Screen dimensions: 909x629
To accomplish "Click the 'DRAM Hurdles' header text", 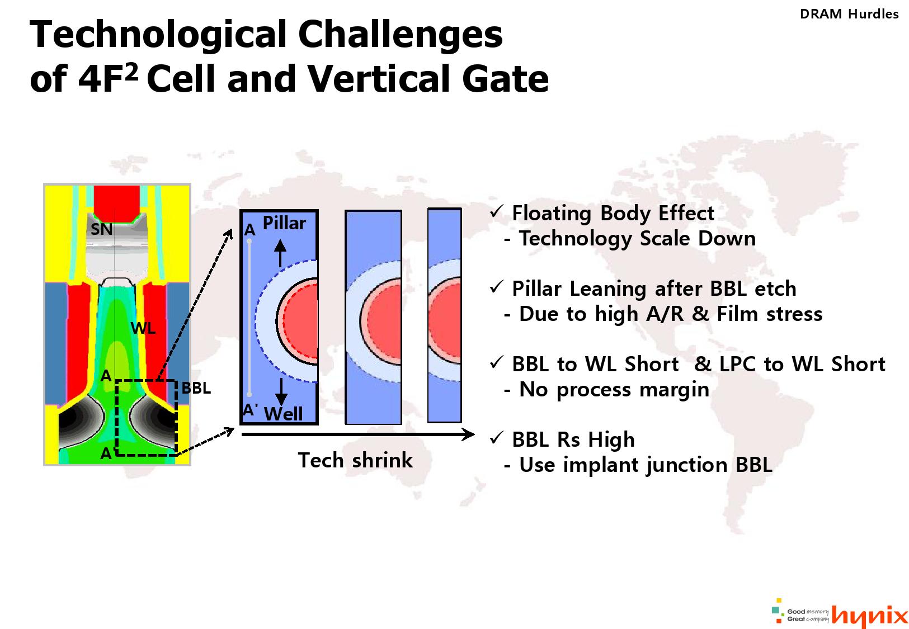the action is (x=849, y=14).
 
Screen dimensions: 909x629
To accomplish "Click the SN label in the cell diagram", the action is (x=101, y=229).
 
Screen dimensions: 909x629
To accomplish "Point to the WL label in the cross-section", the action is (x=143, y=328).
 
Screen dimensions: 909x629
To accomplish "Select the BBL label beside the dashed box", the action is (x=196, y=388).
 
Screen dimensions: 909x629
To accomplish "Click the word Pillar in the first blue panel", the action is (x=284, y=223).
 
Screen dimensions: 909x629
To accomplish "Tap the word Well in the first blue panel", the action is (x=283, y=414).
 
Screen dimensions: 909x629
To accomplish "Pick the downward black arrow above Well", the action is (x=281, y=392).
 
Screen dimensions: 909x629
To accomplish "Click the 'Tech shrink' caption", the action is (x=355, y=460).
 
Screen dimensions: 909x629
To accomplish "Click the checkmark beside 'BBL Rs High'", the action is (x=497, y=437).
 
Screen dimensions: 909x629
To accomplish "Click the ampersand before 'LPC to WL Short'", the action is (x=703, y=364).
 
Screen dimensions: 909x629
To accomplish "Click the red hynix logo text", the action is (x=869, y=615).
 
